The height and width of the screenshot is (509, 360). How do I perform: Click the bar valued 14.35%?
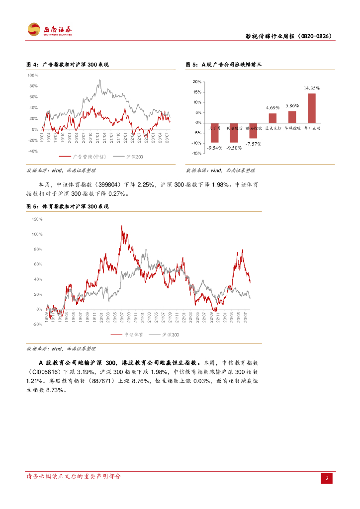[x=312, y=108]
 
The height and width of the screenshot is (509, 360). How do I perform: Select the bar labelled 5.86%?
[x=292, y=117]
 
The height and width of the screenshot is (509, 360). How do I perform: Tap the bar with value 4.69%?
[x=273, y=118]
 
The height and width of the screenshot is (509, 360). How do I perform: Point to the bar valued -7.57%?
[x=253, y=130]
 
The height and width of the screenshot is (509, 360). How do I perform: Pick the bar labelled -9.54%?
[x=215, y=133]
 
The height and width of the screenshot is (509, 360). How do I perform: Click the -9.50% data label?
[x=234, y=148]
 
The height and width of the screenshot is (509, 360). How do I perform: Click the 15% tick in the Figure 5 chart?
[x=197, y=92]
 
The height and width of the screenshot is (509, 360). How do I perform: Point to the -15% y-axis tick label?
[x=196, y=154]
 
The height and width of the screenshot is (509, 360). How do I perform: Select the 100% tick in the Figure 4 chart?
[x=33, y=76]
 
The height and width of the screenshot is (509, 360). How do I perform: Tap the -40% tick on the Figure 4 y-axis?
[x=33, y=151]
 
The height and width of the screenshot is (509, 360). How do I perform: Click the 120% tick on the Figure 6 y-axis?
[x=37, y=219]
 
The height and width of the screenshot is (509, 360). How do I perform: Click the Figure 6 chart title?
[x=68, y=206]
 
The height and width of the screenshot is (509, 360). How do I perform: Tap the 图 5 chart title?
[x=223, y=65]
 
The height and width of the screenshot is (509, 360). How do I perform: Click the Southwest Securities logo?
[x=49, y=30]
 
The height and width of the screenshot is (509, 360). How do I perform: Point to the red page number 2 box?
[x=327, y=478]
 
